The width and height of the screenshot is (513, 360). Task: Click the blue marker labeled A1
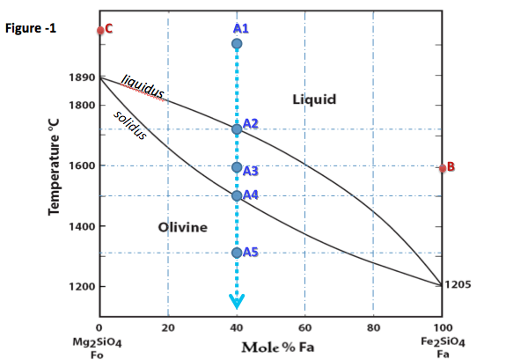236,44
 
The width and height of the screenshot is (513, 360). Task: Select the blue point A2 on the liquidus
236,129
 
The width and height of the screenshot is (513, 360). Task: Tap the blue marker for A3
236,167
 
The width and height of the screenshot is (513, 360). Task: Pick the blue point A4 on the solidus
236,195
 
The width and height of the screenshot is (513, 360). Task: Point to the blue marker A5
236,253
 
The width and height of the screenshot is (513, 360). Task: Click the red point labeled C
101,30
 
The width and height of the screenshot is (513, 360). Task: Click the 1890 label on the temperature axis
81,78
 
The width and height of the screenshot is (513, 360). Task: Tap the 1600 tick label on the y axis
81,166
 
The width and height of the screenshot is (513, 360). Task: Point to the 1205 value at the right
459,284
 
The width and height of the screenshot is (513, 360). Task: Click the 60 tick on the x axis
304,328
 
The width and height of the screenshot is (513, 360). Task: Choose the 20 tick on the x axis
167,328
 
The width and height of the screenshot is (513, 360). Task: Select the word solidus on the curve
130,126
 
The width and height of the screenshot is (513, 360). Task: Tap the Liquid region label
313,99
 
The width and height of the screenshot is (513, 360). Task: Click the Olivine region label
182,228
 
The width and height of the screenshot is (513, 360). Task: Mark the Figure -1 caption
31,28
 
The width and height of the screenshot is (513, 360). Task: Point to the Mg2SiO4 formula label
99,339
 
